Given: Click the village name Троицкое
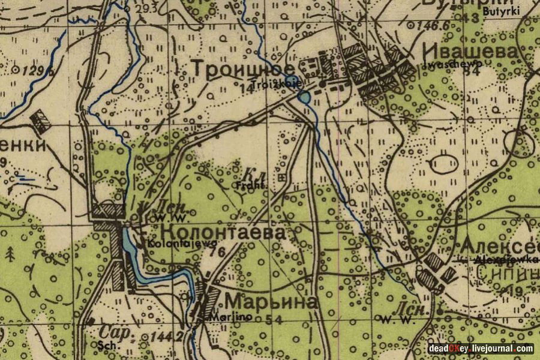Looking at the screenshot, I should click(x=243, y=69).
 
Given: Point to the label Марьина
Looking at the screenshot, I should click(x=270, y=302).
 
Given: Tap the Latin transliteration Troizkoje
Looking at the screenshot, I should click(x=273, y=84).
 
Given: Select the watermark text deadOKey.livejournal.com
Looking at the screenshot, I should click(x=481, y=349).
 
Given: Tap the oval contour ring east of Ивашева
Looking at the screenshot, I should click(x=445, y=163).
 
